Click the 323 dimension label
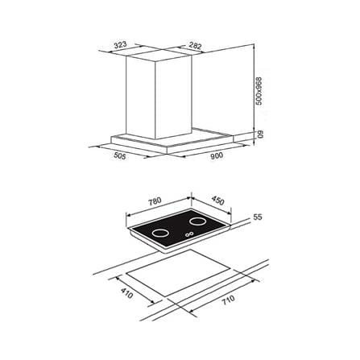click(x=121, y=45)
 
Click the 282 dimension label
click(x=195, y=45)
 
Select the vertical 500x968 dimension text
click(x=259, y=91)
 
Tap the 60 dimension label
click(x=260, y=134)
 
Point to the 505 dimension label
click(x=120, y=155)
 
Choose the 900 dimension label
click(x=217, y=156)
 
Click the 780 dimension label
click(x=155, y=201)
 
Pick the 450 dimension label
click(x=217, y=201)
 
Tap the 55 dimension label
click(x=258, y=217)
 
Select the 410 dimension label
click(x=126, y=293)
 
